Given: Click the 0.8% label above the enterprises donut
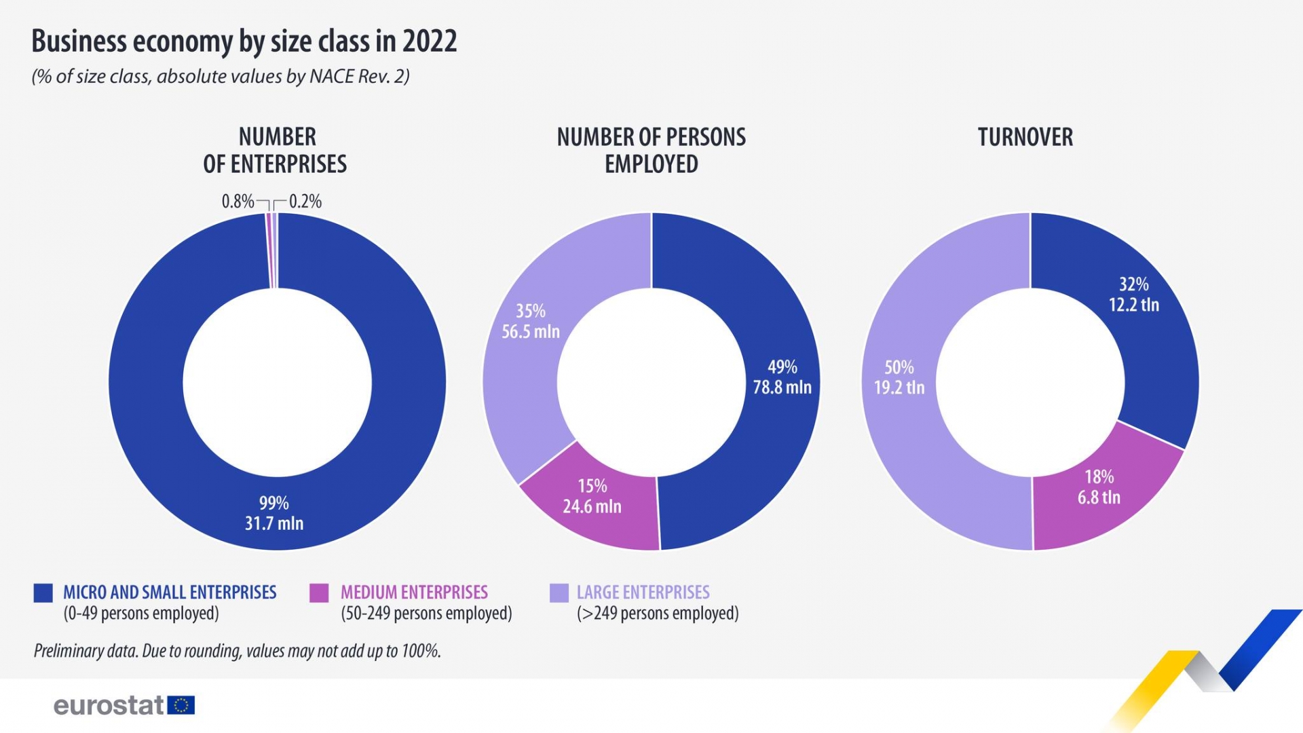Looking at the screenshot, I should pos(238,202).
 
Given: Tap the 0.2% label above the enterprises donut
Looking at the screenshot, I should pos(305,202).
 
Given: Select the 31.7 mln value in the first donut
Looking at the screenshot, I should pos(274,523).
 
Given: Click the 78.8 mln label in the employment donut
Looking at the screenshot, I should pos(782,387).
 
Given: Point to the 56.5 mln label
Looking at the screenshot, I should pos(531,331).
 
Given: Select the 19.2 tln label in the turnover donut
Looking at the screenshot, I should pos(899,388).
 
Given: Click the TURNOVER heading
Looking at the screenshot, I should pos(1025,137).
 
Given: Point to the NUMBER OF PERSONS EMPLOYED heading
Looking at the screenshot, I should pos(651,150).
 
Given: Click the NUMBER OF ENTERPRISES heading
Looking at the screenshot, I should pos(276,150).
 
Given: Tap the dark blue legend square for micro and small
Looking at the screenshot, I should pos(43,593).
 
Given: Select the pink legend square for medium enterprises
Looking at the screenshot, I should pos(319,593).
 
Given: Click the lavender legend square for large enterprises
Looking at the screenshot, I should pos(559,593).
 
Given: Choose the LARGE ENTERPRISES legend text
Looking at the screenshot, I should pos(643,593).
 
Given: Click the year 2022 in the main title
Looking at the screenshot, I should pos(430,41).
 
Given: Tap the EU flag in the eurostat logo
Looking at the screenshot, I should pos(181,705).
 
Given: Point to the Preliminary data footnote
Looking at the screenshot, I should pos(237,651).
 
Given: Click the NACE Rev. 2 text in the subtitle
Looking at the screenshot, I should pos(359,76).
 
